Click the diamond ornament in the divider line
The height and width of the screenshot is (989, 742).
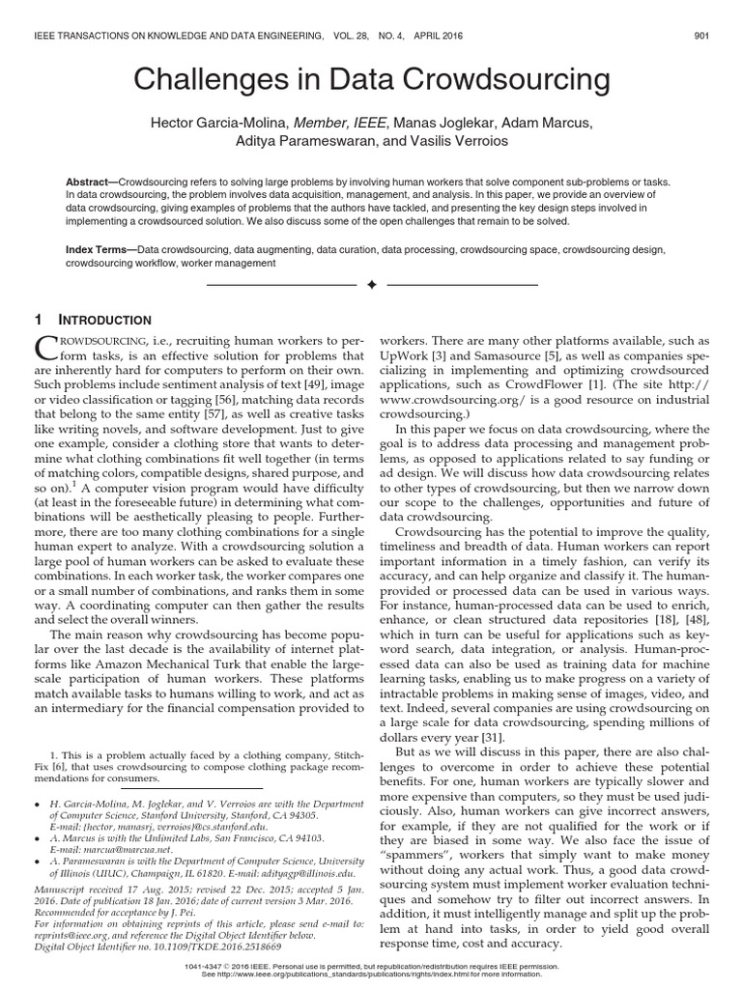[371, 286]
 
